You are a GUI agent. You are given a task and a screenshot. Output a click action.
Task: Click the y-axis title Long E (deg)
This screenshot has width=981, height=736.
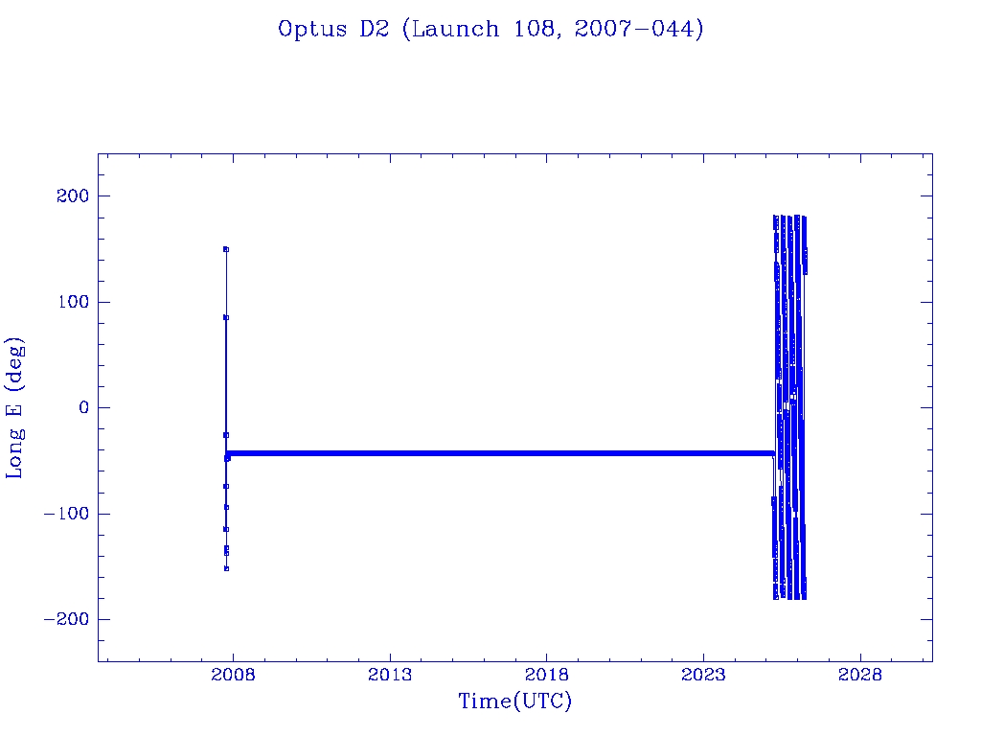pyautogui.click(x=15, y=407)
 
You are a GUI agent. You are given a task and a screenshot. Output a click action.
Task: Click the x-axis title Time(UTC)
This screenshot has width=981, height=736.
pyautogui.click(x=514, y=701)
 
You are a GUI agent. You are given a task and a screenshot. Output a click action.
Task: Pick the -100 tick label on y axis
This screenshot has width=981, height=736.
pyautogui.click(x=65, y=514)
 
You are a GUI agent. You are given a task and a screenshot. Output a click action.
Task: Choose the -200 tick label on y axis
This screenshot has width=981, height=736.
pyautogui.click(x=65, y=620)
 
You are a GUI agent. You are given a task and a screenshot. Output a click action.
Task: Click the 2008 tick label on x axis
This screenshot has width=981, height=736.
pyautogui.click(x=233, y=674)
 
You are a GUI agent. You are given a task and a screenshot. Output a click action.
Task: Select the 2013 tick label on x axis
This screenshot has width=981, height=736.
pyautogui.click(x=390, y=674)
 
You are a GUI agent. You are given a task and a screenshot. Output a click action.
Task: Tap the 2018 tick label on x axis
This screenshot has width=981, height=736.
pyautogui.click(x=547, y=674)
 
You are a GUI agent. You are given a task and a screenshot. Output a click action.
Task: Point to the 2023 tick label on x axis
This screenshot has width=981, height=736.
pyautogui.click(x=704, y=674)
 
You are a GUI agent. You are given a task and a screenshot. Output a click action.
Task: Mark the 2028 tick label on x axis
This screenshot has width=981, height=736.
pyautogui.click(x=860, y=674)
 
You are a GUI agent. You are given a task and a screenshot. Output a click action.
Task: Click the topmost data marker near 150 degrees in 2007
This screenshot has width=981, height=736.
pyautogui.click(x=225, y=249)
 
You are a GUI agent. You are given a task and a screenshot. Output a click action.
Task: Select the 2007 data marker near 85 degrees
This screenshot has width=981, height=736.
pyautogui.click(x=225, y=317)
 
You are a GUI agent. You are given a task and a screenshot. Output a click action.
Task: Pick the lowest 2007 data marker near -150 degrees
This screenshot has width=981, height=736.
pyautogui.click(x=226, y=568)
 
